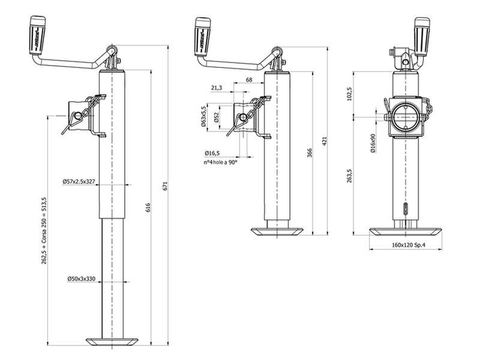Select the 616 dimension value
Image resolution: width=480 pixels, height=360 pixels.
coord(149,208)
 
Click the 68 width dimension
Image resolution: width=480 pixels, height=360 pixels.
coord(248,81)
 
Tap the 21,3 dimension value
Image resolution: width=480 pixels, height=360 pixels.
coord(217,88)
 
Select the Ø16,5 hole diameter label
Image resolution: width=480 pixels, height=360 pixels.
coord(212,153)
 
